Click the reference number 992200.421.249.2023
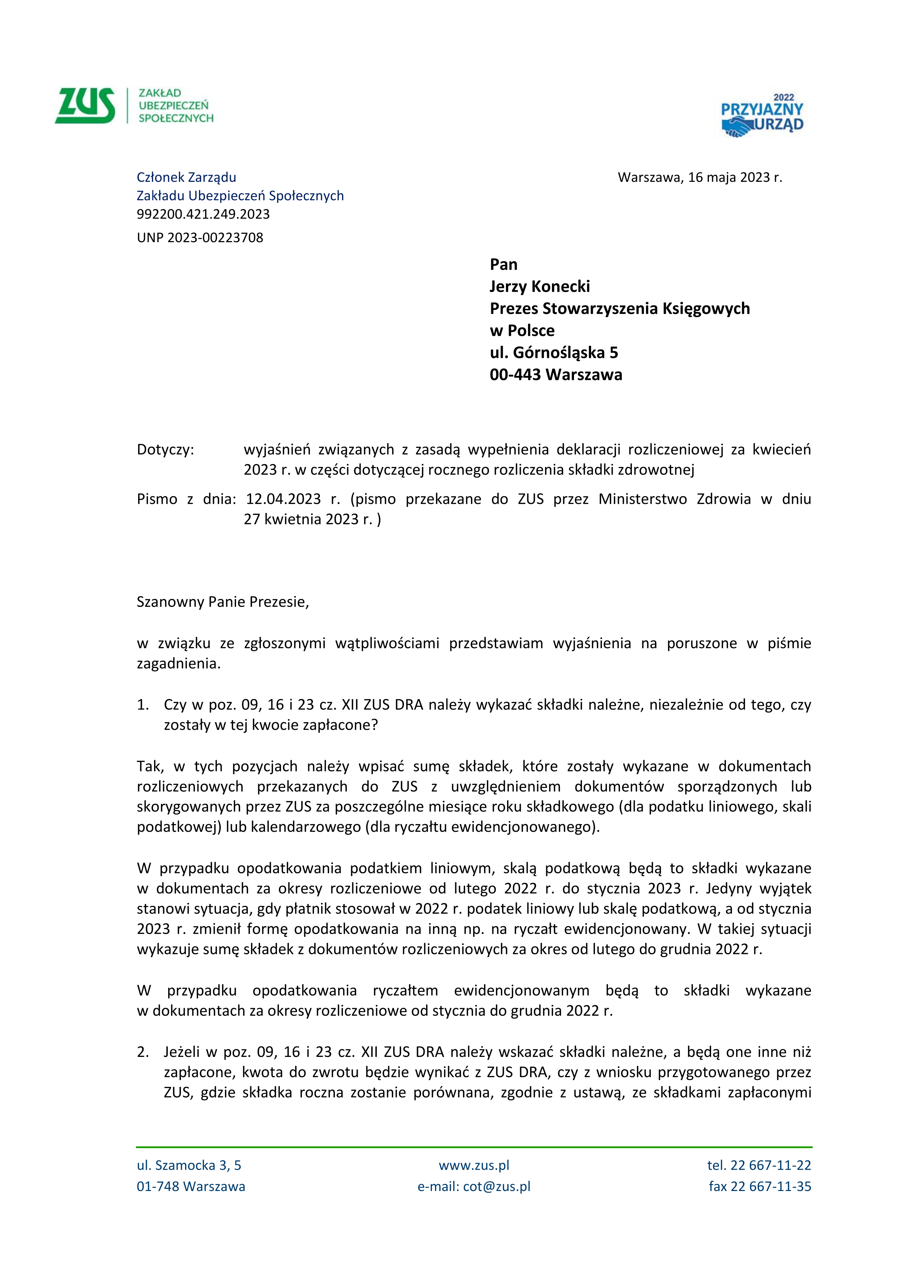(203, 214)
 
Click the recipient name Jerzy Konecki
(539, 287)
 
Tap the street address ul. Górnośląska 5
(553, 353)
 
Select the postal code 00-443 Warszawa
(556, 375)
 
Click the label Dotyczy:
(165, 450)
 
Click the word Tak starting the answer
(149, 767)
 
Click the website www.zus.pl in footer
(474, 1166)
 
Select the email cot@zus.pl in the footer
(496, 1187)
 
